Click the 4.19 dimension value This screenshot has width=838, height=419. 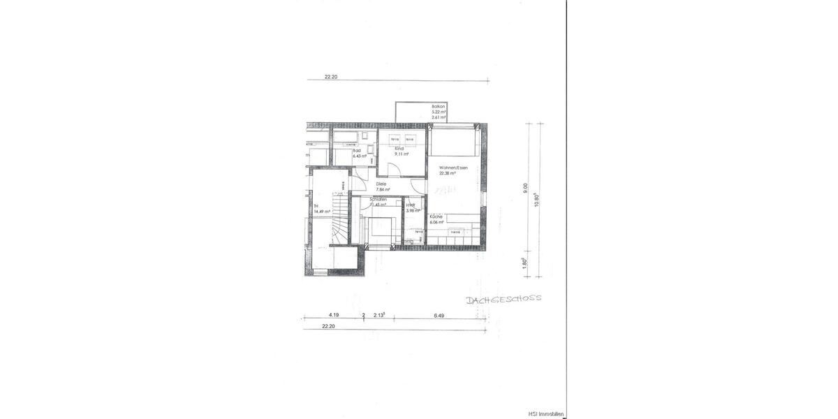tap(334, 315)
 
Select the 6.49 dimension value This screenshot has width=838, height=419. tap(439, 315)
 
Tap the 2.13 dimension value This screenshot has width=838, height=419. tap(379, 315)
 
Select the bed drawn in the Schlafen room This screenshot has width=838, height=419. tap(381, 230)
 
